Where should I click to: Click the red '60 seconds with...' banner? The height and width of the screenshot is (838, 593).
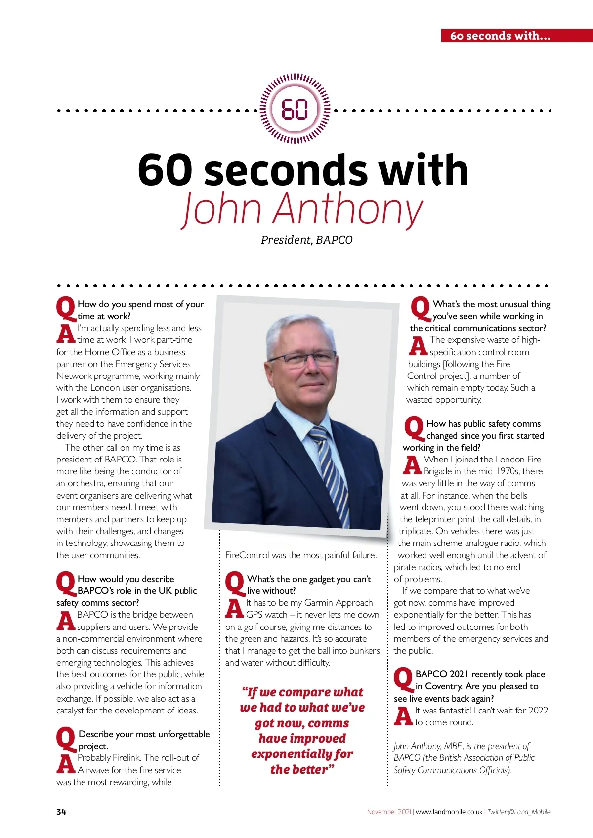(x=500, y=36)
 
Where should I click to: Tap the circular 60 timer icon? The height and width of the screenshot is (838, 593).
(x=295, y=110)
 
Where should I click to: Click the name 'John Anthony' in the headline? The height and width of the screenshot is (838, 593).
(x=302, y=209)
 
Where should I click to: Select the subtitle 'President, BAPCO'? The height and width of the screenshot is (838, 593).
(x=306, y=240)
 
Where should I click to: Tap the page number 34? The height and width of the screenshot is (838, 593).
(x=61, y=812)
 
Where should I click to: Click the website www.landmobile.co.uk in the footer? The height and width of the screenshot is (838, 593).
(x=449, y=812)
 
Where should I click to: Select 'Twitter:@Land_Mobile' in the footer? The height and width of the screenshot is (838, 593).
(x=518, y=812)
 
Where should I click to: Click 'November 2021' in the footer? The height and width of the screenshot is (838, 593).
(x=389, y=812)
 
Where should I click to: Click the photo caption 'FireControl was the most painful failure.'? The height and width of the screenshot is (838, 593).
(x=300, y=555)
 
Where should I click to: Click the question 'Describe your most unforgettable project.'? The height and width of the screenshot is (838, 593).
(x=143, y=740)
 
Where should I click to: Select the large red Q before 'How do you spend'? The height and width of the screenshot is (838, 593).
(x=66, y=309)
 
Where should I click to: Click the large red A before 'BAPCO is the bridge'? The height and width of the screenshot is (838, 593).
(x=66, y=621)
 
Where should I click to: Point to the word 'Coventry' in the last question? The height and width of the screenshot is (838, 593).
(x=444, y=686)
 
